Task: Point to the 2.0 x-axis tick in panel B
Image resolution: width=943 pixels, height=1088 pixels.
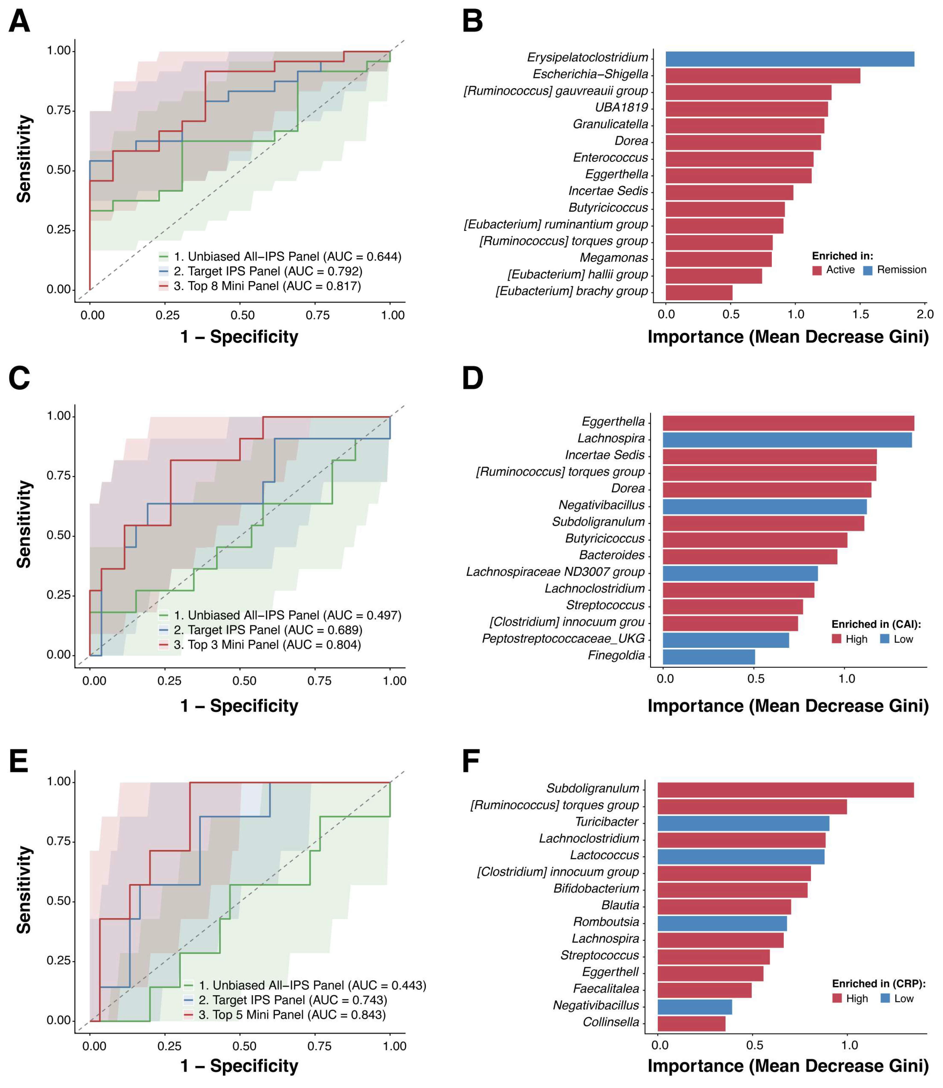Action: click(925, 314)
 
